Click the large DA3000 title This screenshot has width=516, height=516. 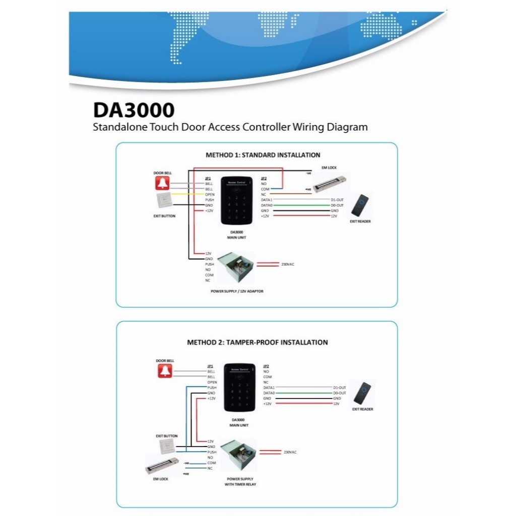(x=134, y=110)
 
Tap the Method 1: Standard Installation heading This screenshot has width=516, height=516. (x=263, y=155)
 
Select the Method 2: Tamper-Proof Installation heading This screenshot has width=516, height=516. (x=257, y=342)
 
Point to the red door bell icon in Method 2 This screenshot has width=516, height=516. (x=164, y=371)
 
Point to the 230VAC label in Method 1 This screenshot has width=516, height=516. (x=288, y=264)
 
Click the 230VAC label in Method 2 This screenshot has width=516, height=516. (x=290, y=452)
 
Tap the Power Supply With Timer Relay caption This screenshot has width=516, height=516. (x=239, y=481)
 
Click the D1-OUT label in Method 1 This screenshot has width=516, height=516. (x=337, y=200)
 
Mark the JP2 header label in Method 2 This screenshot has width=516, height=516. (x=266, y=366)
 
